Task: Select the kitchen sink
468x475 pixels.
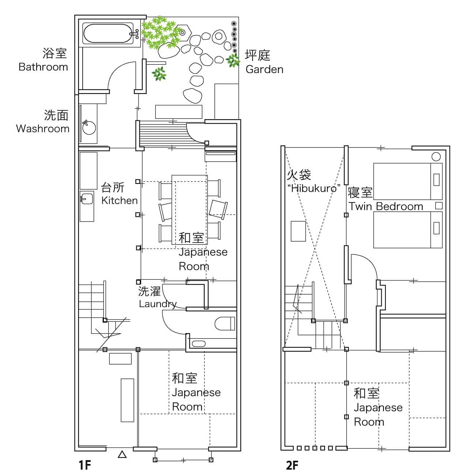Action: (87, 199)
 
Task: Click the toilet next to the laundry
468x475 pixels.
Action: (224, 324)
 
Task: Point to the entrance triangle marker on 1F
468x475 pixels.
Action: (122, 455)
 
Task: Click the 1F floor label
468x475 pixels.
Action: (84, 465)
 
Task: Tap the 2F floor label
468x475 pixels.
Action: (292, 465)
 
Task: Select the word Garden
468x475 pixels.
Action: (264, 69)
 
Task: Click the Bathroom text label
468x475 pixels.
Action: (43, 67)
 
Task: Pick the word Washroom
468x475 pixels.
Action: (42, 129)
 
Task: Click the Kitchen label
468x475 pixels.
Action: (119, 200)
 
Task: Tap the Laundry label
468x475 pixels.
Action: (158, 304)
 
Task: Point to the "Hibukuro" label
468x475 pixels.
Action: (314, 188)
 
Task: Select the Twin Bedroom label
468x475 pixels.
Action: (385, 206)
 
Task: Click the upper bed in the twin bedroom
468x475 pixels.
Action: (408, 181)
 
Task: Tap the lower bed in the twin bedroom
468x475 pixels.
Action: (408, 229)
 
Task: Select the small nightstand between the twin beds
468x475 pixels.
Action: (439, 206)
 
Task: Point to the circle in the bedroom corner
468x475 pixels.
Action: (436, 157)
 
